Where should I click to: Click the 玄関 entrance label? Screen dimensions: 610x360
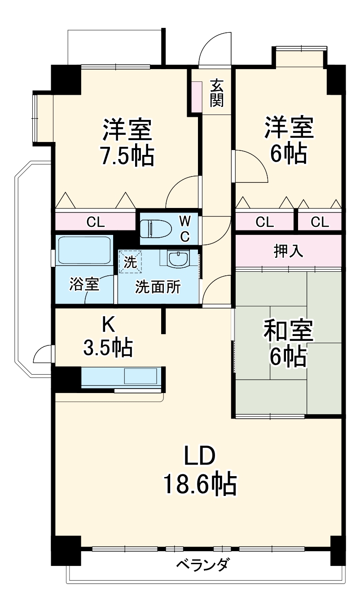click(216, 93)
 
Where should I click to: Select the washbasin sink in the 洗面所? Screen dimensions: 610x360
click(179, 259)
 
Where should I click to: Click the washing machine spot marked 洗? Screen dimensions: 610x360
click(130, 261)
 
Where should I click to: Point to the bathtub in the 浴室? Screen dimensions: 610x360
click(84, 251)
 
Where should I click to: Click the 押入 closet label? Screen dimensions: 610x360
click(289, 251)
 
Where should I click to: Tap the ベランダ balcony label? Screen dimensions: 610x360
click(202, 564)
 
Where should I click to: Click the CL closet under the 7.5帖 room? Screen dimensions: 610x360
click(95, 221)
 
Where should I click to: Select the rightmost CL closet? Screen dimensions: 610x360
click(320, 221)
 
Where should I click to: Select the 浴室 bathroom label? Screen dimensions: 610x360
click(84, 284)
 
